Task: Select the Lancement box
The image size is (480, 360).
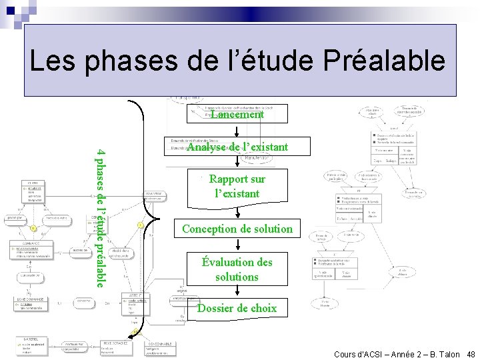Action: [237, 115]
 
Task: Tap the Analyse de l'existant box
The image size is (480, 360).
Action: [237, 147]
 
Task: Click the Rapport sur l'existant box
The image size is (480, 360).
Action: [237, 187]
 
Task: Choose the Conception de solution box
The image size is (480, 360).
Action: [237, 229]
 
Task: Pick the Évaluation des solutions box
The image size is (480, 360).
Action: [237, 269]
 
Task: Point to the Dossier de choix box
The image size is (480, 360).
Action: [237, 308]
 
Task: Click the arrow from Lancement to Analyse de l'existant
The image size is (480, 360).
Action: [237, 131]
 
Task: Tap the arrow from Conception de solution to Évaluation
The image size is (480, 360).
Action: [237, 246]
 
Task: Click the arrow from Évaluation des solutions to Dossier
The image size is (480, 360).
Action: [237, 292]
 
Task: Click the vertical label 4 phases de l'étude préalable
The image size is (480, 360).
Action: [100, 217]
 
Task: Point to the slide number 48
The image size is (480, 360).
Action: [471, 354]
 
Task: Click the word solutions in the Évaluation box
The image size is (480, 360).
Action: [237, 276]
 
